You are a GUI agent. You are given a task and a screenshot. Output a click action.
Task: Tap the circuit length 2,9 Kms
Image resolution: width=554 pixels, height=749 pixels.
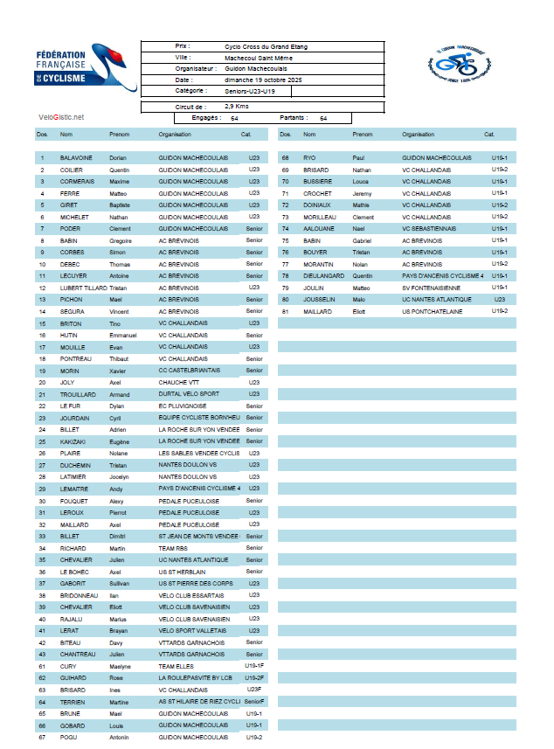237,106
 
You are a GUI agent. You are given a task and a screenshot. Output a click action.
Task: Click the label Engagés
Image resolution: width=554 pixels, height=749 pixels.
203,117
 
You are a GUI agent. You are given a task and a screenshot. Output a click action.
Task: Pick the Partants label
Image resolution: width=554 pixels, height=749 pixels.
292,117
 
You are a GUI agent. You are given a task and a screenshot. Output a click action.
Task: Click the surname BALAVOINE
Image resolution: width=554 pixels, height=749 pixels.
76,157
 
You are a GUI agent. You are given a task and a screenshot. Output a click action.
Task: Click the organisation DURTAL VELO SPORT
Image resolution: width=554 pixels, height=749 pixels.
189,394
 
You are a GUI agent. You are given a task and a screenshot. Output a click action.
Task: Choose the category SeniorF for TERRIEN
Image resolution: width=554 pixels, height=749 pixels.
254,701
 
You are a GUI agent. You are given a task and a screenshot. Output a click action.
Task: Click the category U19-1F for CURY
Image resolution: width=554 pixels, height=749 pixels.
254,666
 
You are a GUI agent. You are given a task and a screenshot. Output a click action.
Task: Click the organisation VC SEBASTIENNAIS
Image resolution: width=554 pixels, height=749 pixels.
433,228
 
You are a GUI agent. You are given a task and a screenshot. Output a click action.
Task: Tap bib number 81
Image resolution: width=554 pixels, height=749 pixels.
285,311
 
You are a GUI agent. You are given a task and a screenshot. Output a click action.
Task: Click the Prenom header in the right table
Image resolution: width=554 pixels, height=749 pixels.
363,135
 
